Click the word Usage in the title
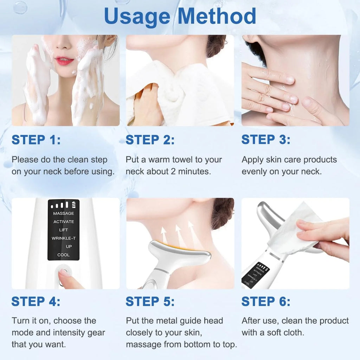(137, 16)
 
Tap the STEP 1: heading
(36, 140)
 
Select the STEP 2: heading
(150, 140)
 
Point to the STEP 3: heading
(266, 140)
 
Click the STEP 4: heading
(36, 301)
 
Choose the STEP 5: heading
(150, 301)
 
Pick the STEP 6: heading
(266, 301)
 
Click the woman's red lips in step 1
(64, 61)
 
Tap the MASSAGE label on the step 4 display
(64, 213)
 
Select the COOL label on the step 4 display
(64, 255)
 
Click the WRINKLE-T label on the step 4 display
(64, 238)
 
